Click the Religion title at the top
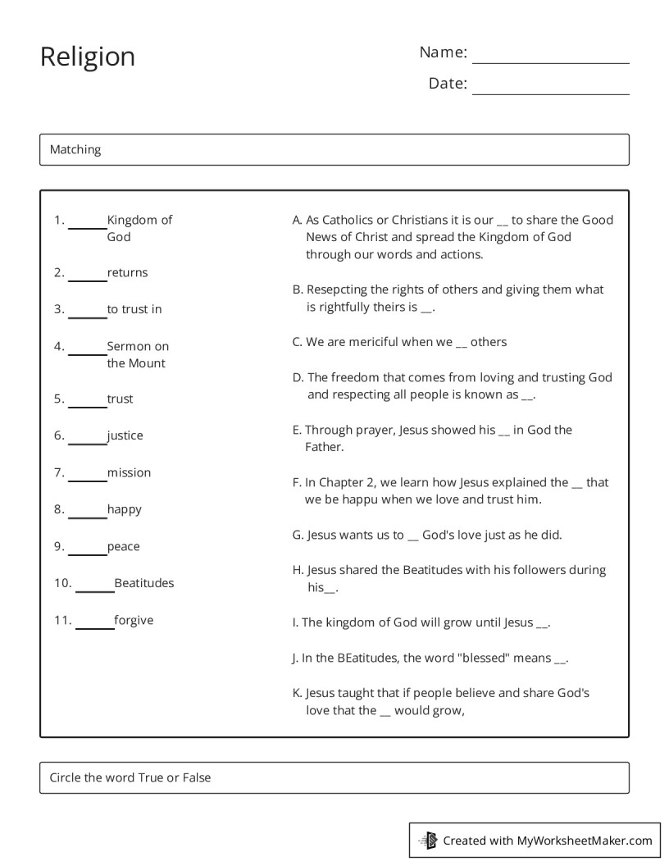(x=88, y=57)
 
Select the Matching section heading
(x=75, y=149)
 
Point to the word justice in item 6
(x=125, y=435)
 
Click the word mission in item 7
(x=129, y=472)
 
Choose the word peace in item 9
(x=123, y=546)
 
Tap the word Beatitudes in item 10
(x=144, y=583)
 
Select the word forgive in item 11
(x=134, y=620)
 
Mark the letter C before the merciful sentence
(x=297, y=342)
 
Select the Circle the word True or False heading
(x=130, y=777)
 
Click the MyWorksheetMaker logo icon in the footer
(x=428, y=840)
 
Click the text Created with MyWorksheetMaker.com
(x=548, y=840)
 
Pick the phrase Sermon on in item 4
(x=138, y=346)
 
